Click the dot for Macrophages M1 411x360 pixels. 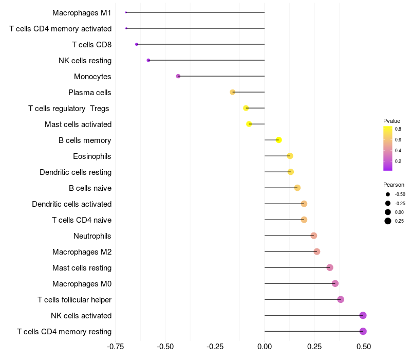pos(126,12)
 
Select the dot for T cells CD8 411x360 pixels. pos(137,44)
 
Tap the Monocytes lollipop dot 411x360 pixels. pos(178,76)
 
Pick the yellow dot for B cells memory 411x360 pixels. pos(278,140)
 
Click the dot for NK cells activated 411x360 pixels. pos(363,315)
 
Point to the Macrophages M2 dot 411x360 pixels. pos(317,251)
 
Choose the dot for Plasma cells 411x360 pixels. pos(233,92)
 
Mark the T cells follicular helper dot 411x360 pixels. pos(341,299)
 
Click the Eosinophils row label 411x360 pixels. pos(92,156)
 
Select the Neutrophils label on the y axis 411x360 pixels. pos(92,236)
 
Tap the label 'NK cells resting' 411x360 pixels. pos(85,60)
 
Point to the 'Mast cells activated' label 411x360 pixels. pos(78,124)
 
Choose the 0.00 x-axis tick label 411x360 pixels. pos(265,347)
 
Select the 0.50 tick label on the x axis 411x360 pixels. pos(364,347)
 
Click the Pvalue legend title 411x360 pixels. pos(391,121)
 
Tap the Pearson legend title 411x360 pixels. pos(394,184)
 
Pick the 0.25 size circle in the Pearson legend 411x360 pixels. pos(387,221)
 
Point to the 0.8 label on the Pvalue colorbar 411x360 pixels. pos(398,129)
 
